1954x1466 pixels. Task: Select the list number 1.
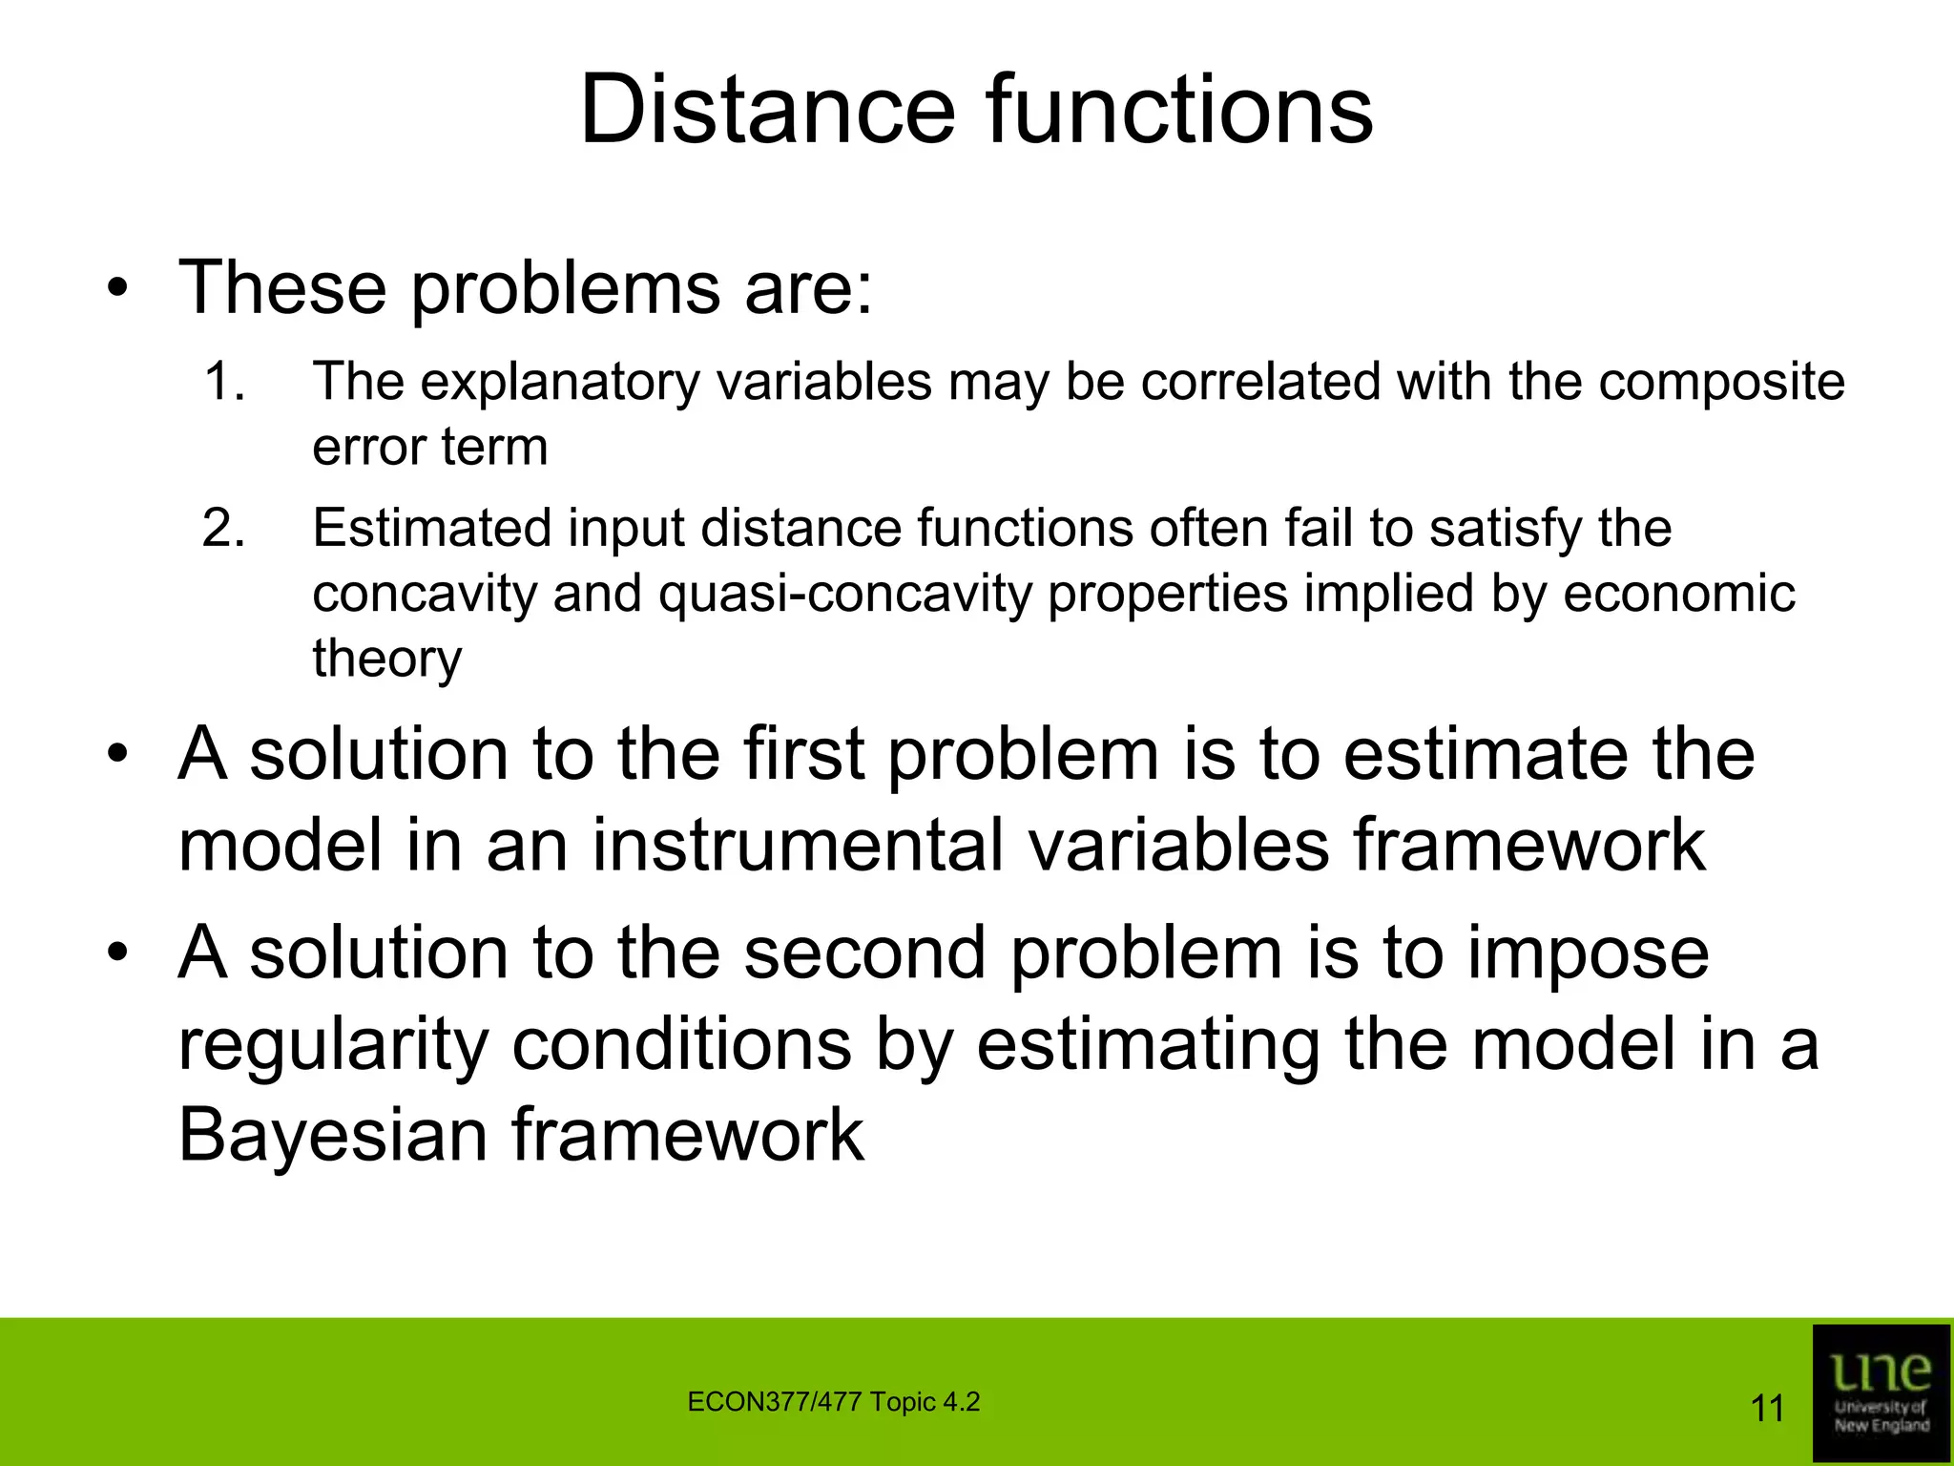(x=223, y=382)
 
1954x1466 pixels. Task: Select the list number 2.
(x=223, y=528)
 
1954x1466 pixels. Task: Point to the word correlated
(x=1261, y=382)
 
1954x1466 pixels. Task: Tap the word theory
(x=387, y=660)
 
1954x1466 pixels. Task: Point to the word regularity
(x=333, y=1046)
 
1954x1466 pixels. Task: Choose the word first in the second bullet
(x=803, y=754)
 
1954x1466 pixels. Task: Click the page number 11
(x=1767, y=1409)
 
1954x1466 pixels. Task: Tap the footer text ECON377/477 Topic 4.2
(x=833, y=1402)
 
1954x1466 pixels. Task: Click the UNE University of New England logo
(x=1881, y=1393)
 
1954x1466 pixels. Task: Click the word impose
(x=1588, y=954)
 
